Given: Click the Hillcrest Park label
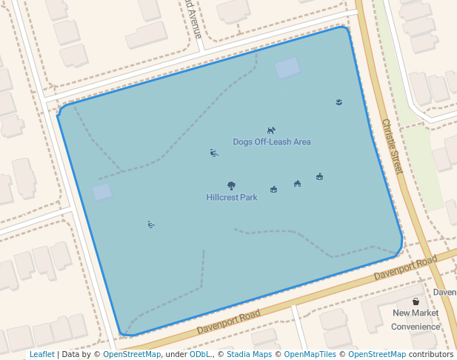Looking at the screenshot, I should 232,198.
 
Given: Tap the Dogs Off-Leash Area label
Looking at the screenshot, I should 272,141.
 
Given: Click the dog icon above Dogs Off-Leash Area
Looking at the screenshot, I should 271,130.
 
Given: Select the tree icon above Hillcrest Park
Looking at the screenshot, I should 232,186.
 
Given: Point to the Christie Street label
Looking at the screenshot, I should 392,146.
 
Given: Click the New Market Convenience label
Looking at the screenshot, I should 416,319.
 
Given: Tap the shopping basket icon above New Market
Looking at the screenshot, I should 416,301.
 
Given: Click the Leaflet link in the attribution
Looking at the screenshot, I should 41,354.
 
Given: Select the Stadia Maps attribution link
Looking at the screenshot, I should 249,354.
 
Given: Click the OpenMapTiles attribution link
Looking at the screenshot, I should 310,354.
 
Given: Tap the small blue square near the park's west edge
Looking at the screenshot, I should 102,192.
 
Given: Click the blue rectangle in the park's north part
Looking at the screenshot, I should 288,68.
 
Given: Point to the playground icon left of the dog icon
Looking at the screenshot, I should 213,153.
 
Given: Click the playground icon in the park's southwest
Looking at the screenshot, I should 151,224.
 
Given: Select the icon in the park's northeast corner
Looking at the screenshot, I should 338,101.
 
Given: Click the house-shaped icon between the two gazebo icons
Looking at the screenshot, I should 297,183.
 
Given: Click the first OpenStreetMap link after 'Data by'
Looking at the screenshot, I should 132,354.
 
